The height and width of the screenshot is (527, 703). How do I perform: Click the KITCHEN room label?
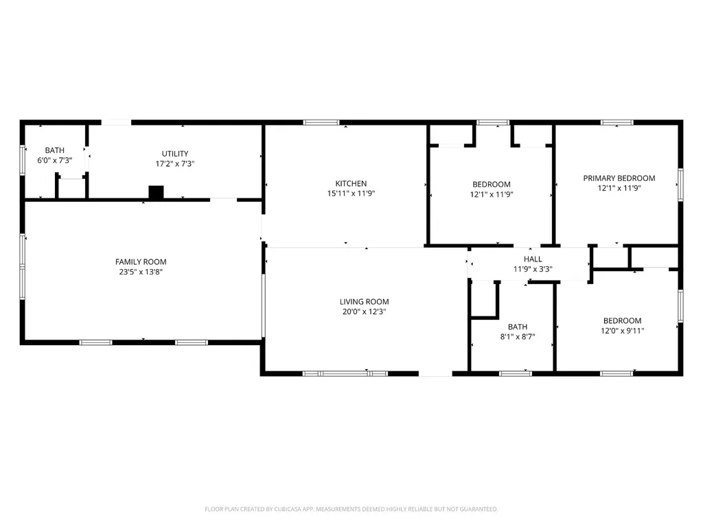click(351, 183)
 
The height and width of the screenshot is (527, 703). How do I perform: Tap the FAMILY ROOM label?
click(141, 261)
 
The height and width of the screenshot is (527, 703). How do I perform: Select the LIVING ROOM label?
click(364, 302)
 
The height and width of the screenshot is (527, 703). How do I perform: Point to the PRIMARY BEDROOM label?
click(619, 178)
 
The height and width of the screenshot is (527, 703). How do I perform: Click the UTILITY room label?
click(175, 153)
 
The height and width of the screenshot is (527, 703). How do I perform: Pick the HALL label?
click(533, 259)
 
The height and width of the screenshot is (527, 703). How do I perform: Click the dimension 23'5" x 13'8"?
click(141, 272)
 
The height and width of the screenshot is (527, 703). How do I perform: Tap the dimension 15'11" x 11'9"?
click(351, 194)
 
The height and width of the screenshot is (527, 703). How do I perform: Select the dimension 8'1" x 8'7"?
click(518, 336)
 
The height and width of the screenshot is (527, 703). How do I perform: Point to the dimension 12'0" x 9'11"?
click(622, 331)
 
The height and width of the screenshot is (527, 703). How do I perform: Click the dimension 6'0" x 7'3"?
click(55, 160)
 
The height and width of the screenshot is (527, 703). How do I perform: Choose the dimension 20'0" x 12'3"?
click(364, 312)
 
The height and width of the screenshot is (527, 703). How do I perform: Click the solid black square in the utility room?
click(156, 192)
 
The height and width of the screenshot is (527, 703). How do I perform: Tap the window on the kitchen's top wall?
click(321, 122)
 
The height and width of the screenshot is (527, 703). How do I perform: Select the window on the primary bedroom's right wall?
click(680, 185)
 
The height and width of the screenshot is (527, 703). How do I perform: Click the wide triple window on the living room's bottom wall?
click(345, 373)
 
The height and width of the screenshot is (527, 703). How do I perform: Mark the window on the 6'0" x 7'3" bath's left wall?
click(23, 159)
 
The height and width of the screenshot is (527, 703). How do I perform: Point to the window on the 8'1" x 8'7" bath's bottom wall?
click(516, 373)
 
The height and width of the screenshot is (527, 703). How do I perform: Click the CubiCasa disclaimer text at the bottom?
click(351, 509)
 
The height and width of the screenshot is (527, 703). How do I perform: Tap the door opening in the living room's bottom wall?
click(435, 373)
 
